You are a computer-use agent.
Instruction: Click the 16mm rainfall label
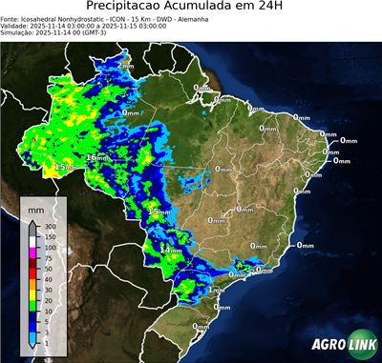point(97,157)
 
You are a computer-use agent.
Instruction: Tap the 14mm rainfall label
point(170,251)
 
